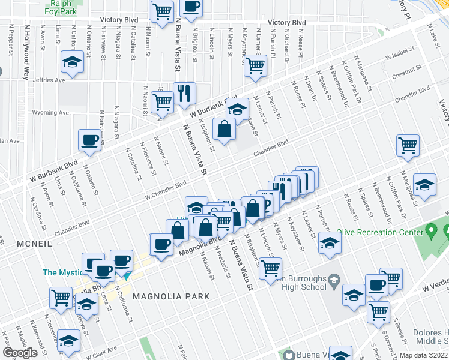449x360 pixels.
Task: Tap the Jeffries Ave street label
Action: click(49, 80)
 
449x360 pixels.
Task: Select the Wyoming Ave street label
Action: click(50, 112)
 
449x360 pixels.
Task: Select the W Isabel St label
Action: click(400, 55)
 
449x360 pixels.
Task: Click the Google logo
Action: click(20, 353)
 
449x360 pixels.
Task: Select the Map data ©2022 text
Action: click(424, 355)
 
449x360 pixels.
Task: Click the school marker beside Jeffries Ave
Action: click(73, 63)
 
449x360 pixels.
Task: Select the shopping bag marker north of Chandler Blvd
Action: click(224, 129)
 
